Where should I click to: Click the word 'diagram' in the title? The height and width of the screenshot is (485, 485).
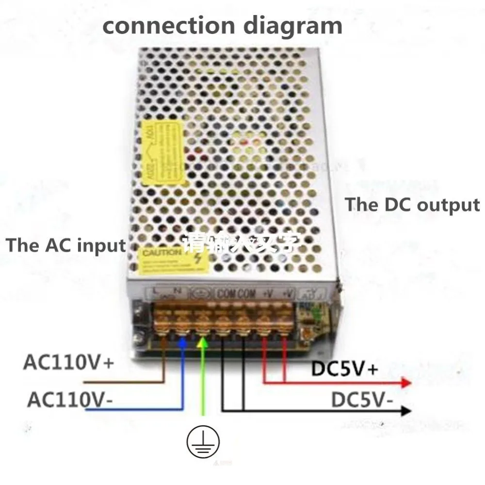pos(292,25)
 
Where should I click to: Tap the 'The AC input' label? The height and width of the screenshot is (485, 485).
pos(66,245)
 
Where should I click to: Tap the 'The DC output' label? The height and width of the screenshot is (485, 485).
pos(412,205)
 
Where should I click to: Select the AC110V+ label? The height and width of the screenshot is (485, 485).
pos(68,363)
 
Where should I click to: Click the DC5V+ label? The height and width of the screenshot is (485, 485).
pos(344,369)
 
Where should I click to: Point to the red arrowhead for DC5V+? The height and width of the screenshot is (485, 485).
pos(405,383)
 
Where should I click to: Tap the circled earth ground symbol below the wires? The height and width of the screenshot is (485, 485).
pos(203,442)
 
